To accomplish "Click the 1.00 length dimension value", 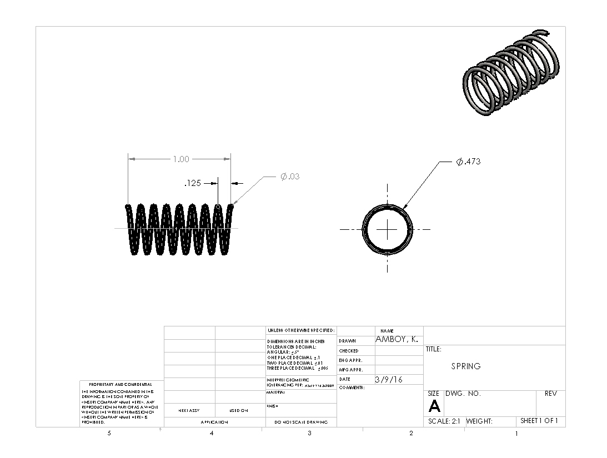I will (x=180, y=159).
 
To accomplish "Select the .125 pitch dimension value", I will (x=193, y=183).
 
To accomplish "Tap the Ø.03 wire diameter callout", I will (x=290, y=177).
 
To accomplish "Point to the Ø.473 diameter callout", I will (x=468, y=162).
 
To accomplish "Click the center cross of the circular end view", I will (x=387, y=229).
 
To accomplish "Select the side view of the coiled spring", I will (x=179, y=229).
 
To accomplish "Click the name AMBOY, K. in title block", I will (x=397, y=340).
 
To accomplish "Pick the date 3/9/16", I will (x=389, y=380).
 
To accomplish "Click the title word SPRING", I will (x=465, y=366).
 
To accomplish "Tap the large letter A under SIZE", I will (x=434, y=407).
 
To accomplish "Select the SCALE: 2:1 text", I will (x=444, y=421).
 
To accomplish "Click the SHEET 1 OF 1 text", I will (x=539, y=421).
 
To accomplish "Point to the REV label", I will (x=550, y=394).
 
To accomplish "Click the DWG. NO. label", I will (x=463, y=394).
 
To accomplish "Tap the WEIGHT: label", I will (x=479, y=421).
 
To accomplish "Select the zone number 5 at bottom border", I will (x=109, y=433).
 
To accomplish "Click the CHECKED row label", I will (x=348, y=351).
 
